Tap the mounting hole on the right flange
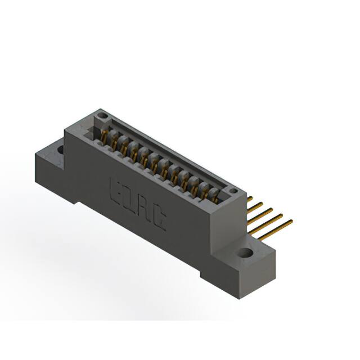point(246,254)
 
